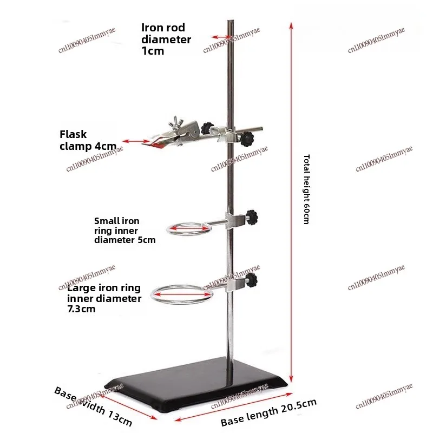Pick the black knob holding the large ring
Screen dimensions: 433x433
tap(252, 280)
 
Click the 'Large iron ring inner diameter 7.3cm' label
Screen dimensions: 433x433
tap(104, 298)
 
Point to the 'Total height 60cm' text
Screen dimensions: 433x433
tap(306, 189)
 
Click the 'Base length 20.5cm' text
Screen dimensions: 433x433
tap(268, 412)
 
